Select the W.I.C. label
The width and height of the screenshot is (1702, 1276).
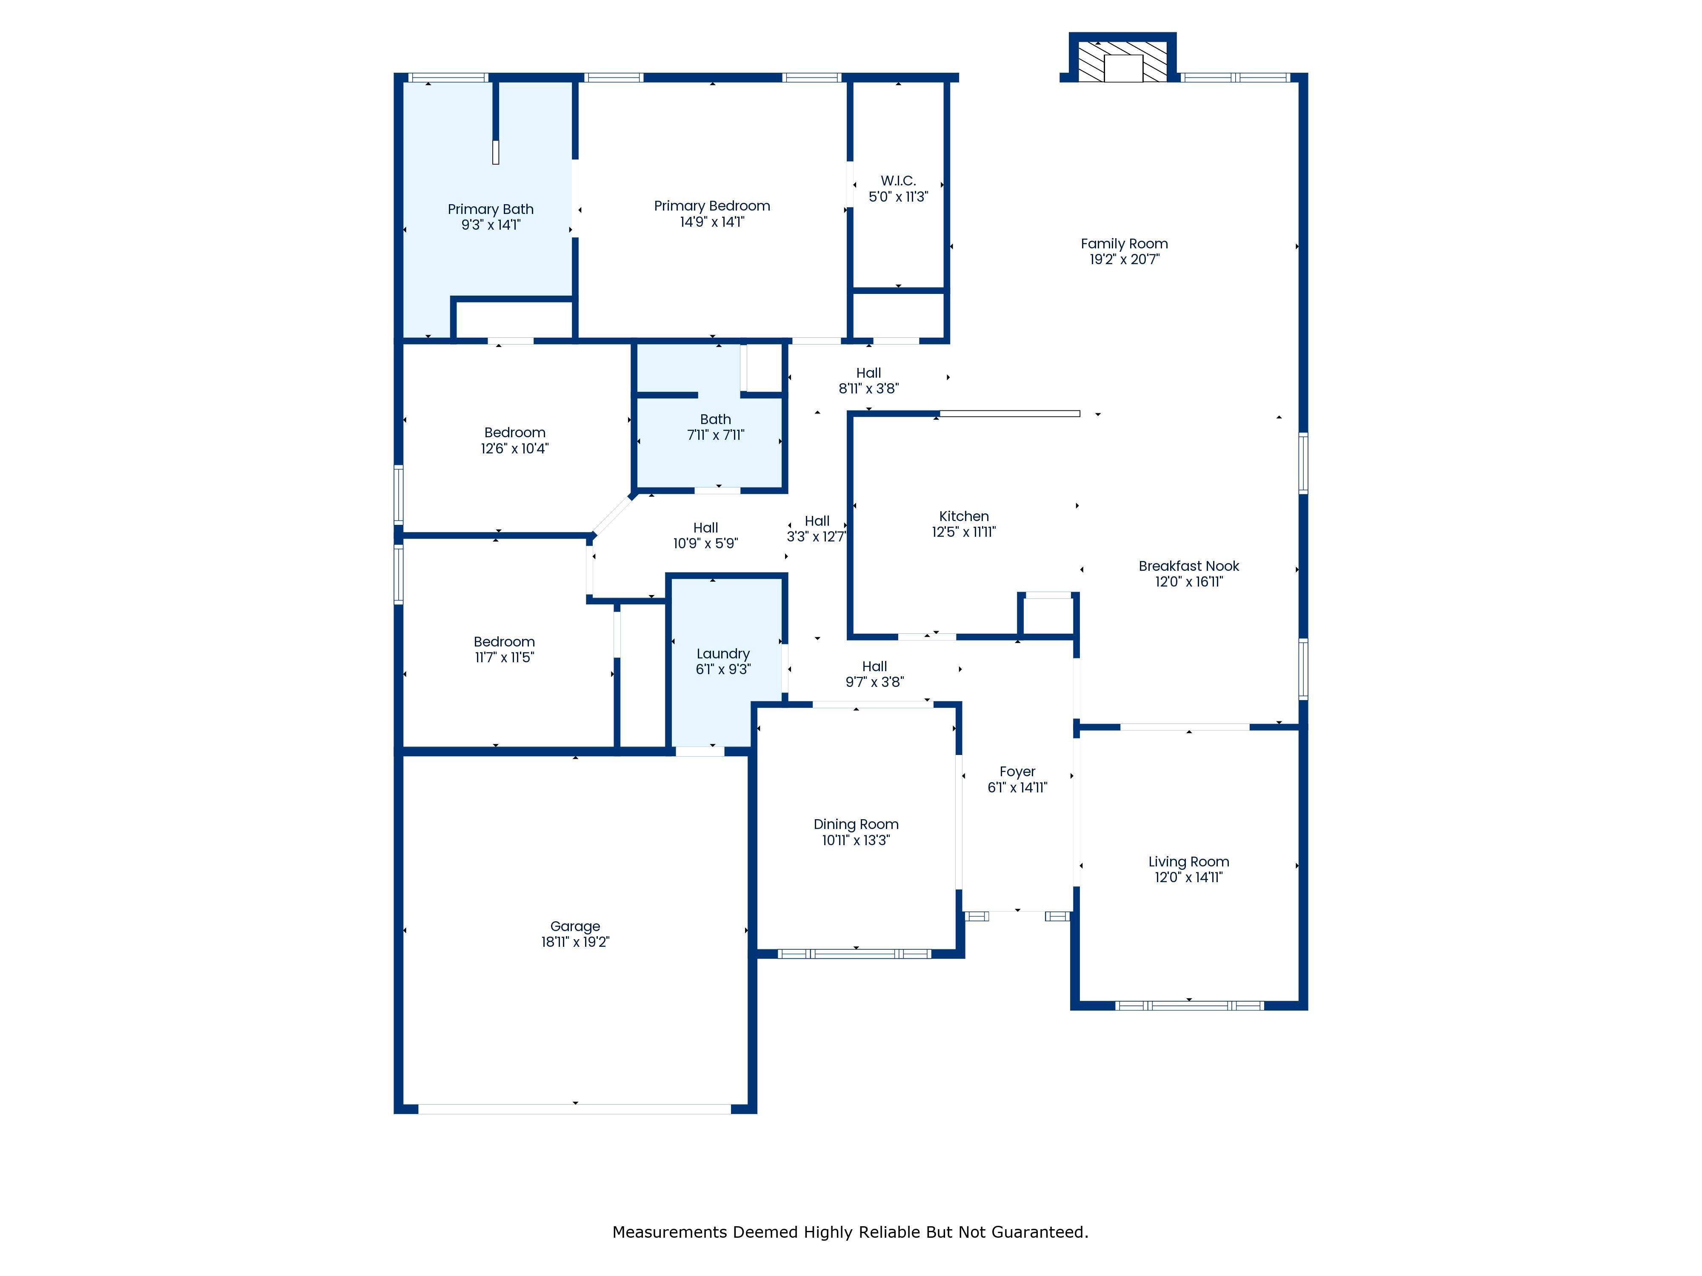[898, 181]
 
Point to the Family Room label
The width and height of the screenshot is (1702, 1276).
[1124, 244]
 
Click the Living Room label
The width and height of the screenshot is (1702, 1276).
[1189, 861]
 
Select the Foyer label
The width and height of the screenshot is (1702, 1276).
[1017, 772]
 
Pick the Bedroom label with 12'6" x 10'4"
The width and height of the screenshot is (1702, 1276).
[515, 432]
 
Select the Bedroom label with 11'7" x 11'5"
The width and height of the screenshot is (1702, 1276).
[504, 641]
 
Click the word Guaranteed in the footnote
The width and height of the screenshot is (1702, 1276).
[1039, 1232]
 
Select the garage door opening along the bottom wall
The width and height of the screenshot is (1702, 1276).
[575, 1109]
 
